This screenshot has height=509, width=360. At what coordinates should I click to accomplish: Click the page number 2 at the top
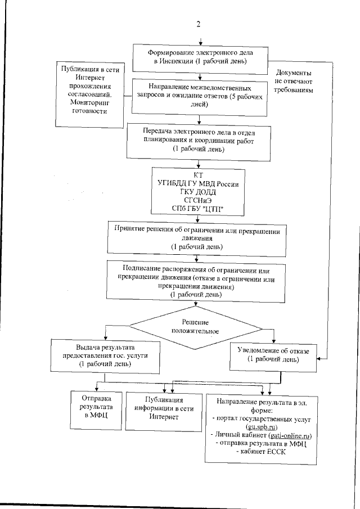click(198, 24)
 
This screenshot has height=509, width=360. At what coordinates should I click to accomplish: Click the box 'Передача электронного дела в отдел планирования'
click(200, 140)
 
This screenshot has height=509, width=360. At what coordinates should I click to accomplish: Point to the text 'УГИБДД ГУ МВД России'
click(198, 184)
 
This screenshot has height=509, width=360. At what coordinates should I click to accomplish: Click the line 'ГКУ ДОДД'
click(198, 192)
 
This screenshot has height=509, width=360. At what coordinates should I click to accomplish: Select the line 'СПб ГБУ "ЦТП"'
click(198, 209)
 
